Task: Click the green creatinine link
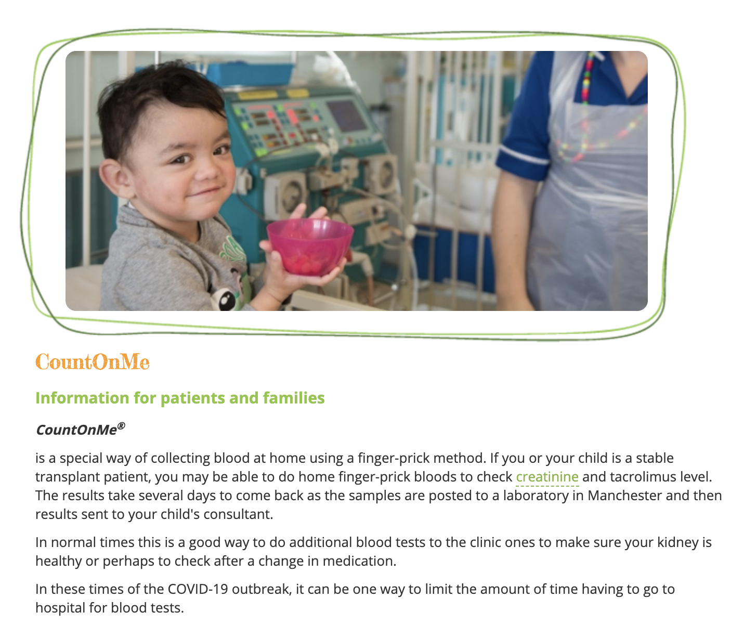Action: [x=547, y=477]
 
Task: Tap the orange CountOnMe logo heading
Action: [x=93, y=361]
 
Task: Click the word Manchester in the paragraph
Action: [x=624, y=496]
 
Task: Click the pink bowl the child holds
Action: [x=310, y=246]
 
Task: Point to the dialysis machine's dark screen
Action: [x=346, y=115]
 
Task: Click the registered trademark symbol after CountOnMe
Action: [x=121, y=426]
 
